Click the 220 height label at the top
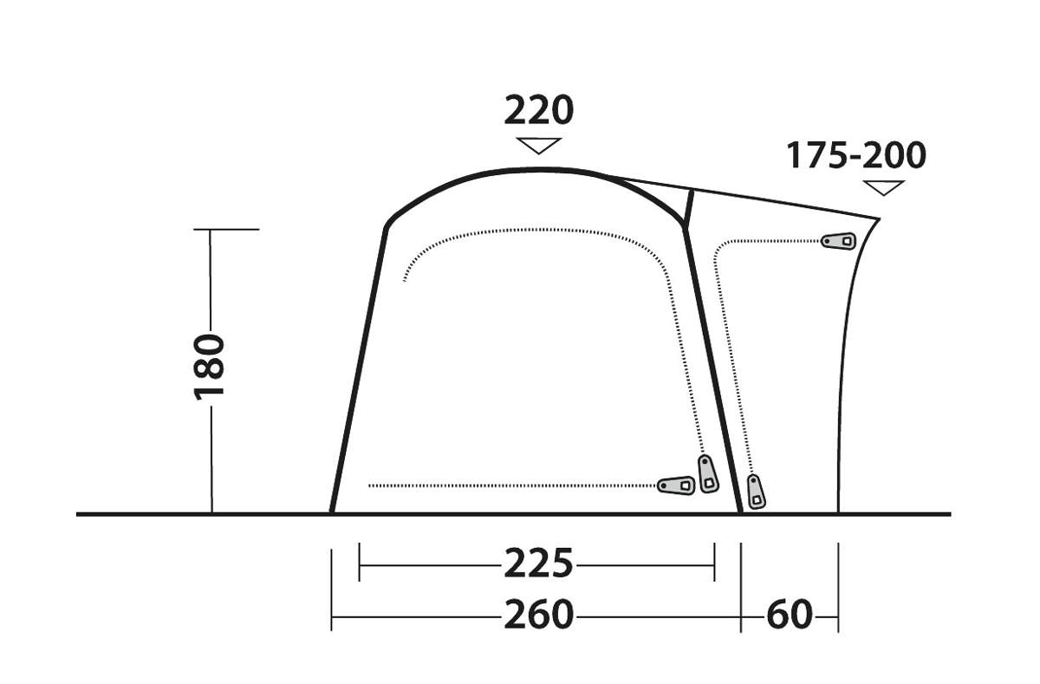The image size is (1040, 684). point(538,110)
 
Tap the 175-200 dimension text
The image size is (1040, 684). point(855,155)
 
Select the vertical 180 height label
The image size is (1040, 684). point(209,367)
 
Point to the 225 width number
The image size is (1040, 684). point(538,563)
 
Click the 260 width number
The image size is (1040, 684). point(538,615)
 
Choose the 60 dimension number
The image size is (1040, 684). point(790,615)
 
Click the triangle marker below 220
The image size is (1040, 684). point(538,146)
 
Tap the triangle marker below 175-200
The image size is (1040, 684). point(883,187)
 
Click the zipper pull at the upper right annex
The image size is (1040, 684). point(839,242)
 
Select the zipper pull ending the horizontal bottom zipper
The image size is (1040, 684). point(677,485)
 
